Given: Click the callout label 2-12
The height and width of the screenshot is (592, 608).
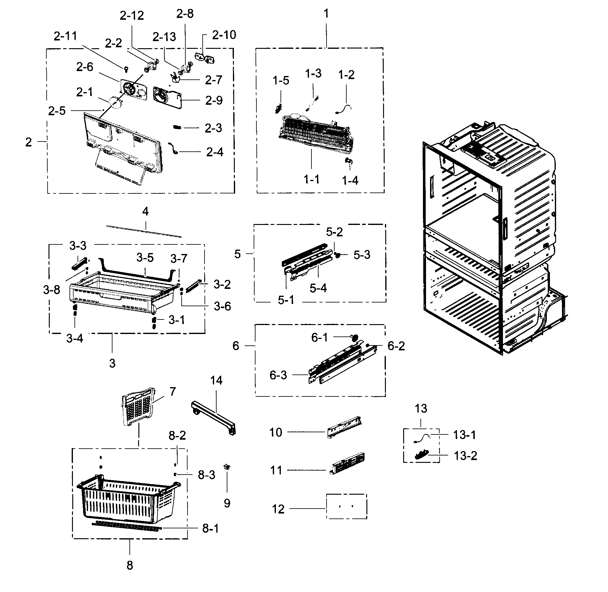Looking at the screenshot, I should [132, 15].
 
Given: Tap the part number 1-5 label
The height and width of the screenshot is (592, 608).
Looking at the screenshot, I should [281, 81].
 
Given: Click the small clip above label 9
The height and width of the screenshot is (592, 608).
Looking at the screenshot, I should [227, 467].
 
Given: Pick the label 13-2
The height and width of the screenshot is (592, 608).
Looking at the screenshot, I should [465, 456].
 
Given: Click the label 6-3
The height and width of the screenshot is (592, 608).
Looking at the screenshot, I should [278, 375].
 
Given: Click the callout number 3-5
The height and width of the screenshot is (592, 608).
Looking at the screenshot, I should [145, 258].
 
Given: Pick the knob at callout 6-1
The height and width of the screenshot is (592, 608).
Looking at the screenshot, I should [354, 337].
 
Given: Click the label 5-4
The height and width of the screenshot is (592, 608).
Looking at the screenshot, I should [318, 288].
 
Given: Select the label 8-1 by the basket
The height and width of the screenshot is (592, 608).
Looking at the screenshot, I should [210, 528].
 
